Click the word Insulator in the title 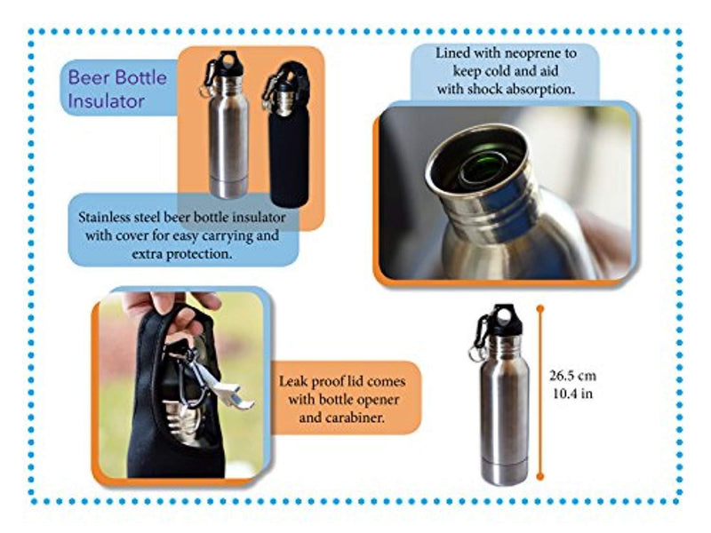[106, 100]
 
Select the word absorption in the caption [543, 89]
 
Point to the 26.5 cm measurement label [572, 375]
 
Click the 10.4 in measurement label [572, 394]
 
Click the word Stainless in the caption [106, 217]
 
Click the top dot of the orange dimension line [540, 309]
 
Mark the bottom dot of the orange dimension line [540, 476]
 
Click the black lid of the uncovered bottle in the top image [229, 63]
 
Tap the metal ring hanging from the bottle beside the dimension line [476, 354]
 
